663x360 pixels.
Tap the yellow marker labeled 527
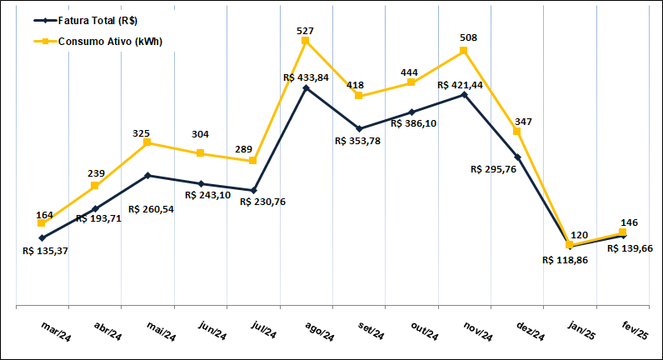(306, 40)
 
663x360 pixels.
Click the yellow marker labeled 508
(464, 51)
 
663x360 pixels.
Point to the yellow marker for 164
(42, 223)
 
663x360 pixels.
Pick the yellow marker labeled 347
(517, 131)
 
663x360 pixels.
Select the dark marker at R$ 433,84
(306, 87)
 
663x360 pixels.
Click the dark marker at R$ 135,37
(42, 238)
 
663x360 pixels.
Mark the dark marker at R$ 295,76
(517, 157)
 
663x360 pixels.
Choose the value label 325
(147, 132)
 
